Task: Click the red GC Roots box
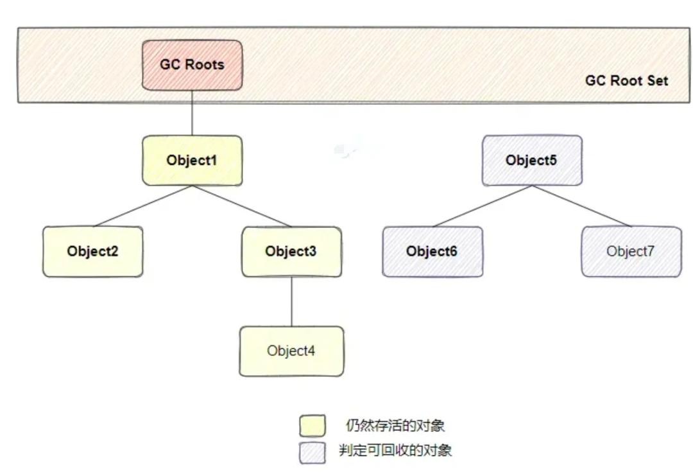pyautogui.click(x=192, y=65)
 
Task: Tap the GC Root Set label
pyautogui.click(x=626, y=81)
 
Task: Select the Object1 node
pyautogui.click(x=192, y=160)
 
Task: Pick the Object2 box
pyautogui.click(x=93, y=251)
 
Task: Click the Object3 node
pyautogui.click(x=291, y=251)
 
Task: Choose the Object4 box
pyautogui.click(x=291, y=351)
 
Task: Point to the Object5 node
pyautogui.click(x=531, y=160)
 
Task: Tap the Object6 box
pyautogui.click(x=432, y=251)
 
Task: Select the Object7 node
pyautogui.click(x=631, y=251)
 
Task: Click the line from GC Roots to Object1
pyautogui.click(x=193, y=112)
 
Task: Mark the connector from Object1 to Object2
pyautogui.click(x=142, y=206)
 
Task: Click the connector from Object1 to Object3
pyautogui.click(x=242, y=206)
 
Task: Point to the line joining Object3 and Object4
pyautogui.click(x=292, y=301)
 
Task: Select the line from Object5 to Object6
pyautogui.click(x=482, y=206)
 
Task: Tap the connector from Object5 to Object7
pyautogui.click(x=581, y=206)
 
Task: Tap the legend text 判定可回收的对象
pyautogui.click(x=395, y=450)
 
